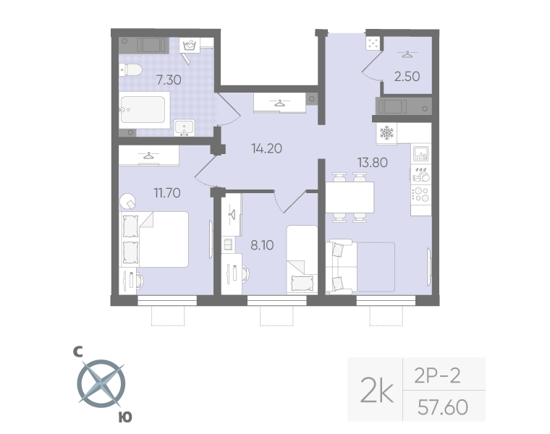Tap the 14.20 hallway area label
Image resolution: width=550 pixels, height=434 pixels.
click(266, 149)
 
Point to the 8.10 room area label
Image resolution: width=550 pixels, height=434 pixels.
click(262, 245)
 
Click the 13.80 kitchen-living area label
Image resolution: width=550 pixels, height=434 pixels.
click(373, 162)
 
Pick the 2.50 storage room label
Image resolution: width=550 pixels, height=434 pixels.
click(407, 75)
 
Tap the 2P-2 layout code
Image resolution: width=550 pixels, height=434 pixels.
click(438, 375)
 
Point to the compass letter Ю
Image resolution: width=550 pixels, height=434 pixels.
click(124, 417)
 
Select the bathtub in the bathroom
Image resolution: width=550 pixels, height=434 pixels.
click(145, 110)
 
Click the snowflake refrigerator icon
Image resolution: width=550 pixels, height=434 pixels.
click(386, 134)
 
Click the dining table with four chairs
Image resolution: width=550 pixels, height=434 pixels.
click(350, 197)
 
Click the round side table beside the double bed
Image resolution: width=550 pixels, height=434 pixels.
click(129, 200)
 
